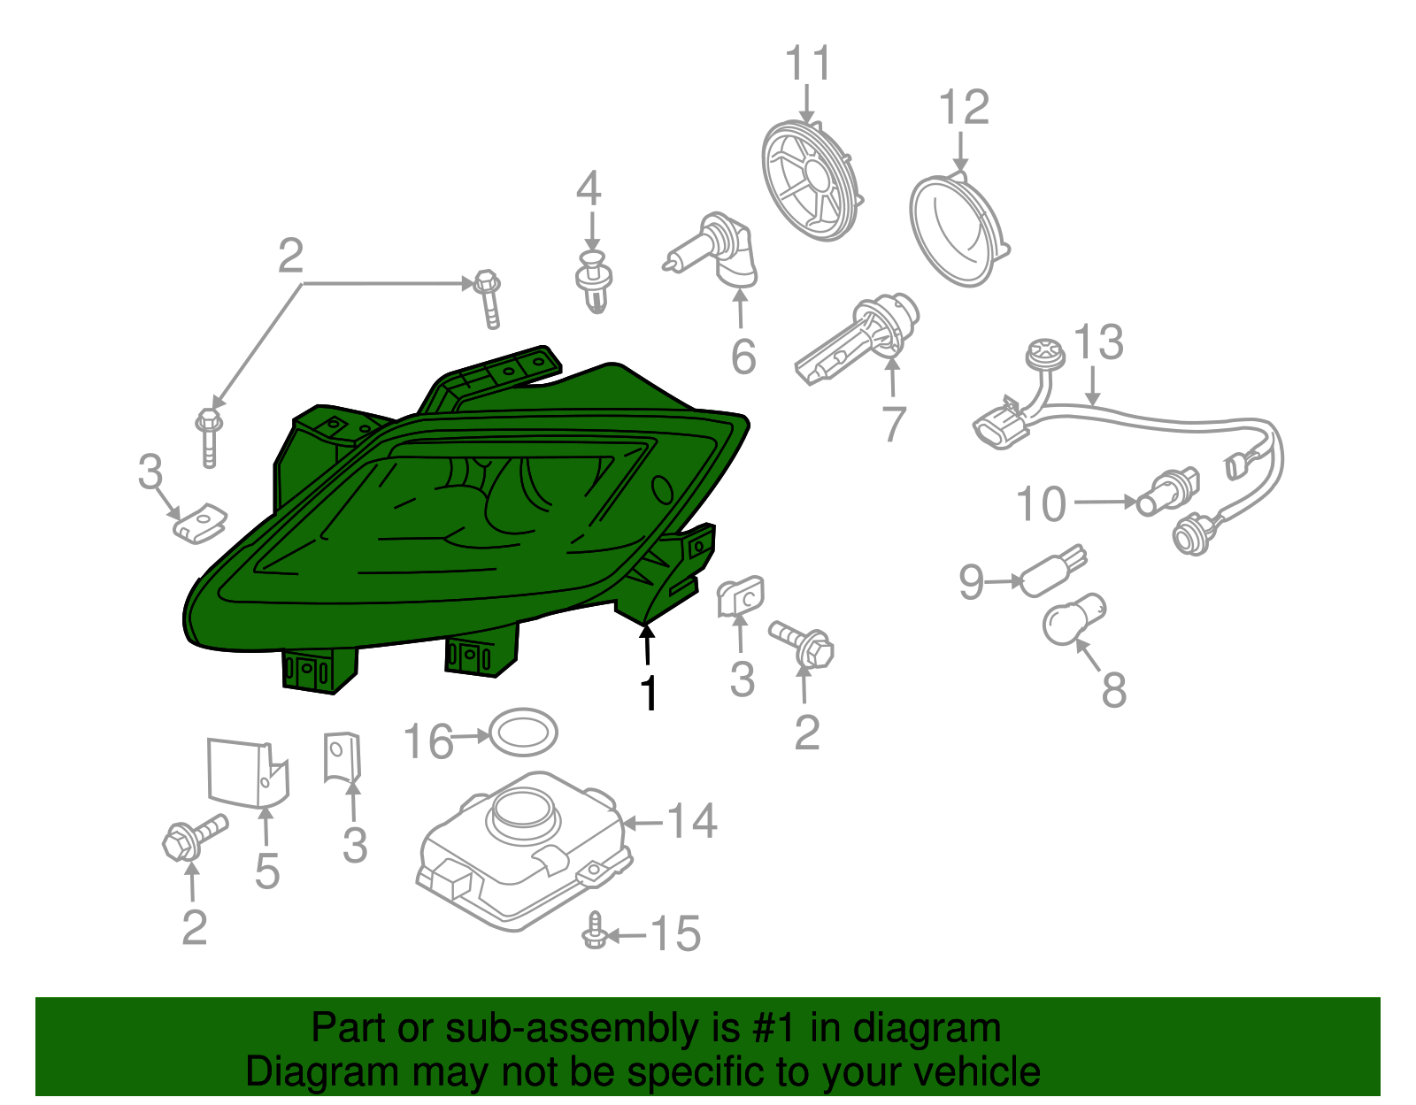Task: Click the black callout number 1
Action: coord(649,694)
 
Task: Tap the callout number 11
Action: coord(808,65)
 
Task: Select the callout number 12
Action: coord(963,108)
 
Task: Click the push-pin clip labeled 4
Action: coord(594,280)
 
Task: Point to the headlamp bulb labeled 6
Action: coord(719,251)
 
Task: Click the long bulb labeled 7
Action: coord(857,340)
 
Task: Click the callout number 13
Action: coord(1098,342)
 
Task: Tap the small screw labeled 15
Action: coord(595,932)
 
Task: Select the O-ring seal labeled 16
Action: coord(523,732)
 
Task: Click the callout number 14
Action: coord(691,821)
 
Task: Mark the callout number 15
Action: coord(675,934)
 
